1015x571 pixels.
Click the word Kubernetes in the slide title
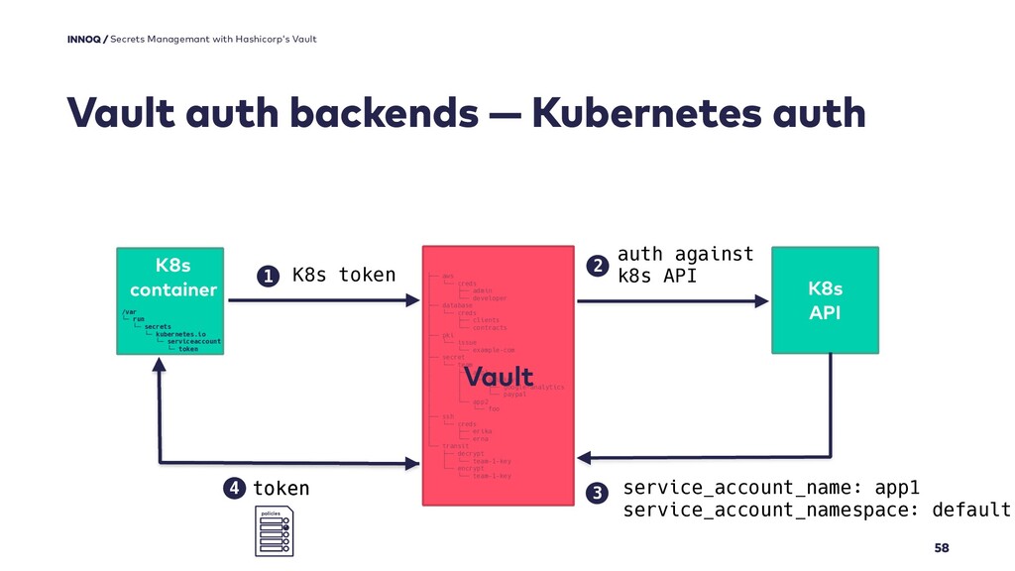coord(662,114)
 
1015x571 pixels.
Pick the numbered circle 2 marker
coord(597,265)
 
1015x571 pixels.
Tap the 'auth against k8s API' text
coord(685,265)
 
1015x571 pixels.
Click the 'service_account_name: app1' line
coord(771,488)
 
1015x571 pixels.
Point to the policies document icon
coord(274,531)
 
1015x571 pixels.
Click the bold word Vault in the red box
coord(499,379)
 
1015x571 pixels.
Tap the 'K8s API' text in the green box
coord(825,300)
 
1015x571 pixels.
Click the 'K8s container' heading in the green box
coord(172,278)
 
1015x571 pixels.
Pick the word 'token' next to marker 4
coord(282,489)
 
